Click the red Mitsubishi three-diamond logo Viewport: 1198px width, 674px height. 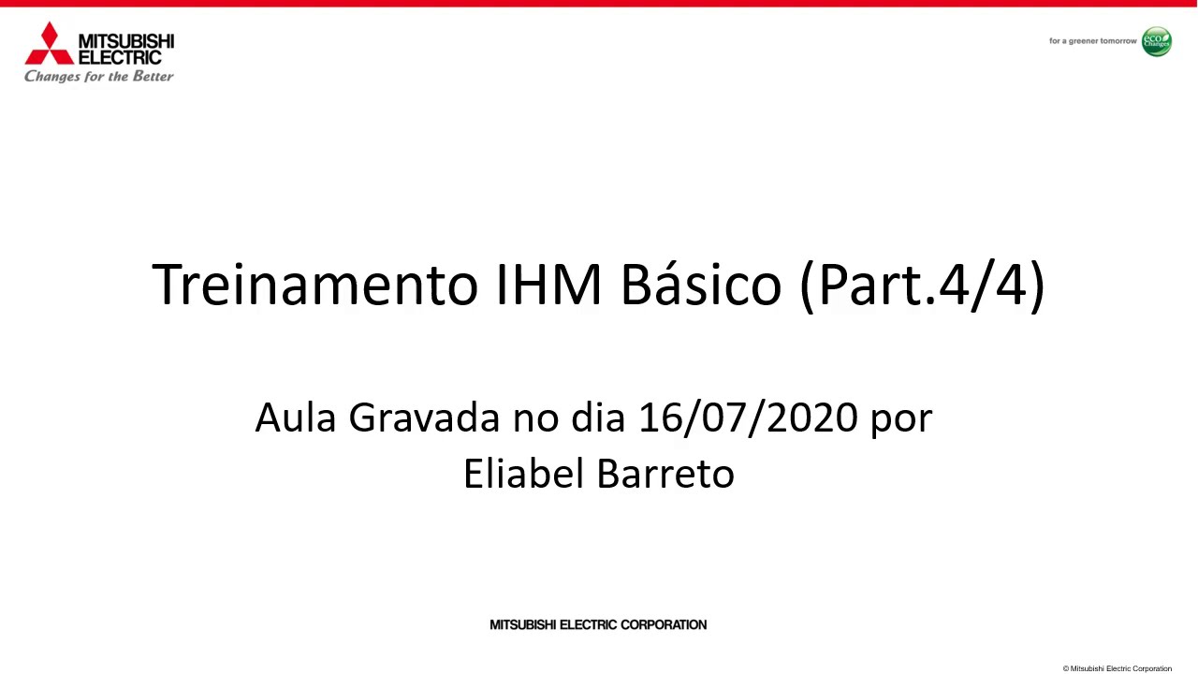tap(49, 45)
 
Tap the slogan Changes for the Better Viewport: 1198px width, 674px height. tap(99, 77)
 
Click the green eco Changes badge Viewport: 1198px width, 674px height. tap(1156, 41)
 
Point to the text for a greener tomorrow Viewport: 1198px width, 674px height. tap(1092, 41)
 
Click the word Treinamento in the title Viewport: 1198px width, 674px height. tap(314, 285)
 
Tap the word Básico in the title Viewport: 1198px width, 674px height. tap(701, 285)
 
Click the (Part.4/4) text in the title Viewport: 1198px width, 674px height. tap(922, 285)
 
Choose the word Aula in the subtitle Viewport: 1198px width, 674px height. tap(297, 418)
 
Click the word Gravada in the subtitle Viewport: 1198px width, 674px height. tap(425, 418)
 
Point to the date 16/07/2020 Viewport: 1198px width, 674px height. tap(748, 418)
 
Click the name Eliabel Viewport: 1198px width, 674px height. tap(523, 474)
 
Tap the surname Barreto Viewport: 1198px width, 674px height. tap(665, 474)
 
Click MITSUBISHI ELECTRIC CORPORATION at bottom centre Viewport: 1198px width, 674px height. tap(598, 624)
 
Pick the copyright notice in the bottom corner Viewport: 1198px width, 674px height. tap(1117, 668)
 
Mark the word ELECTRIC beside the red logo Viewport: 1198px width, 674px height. tap(120, 58)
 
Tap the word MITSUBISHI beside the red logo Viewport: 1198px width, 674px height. tap(126, 42)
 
